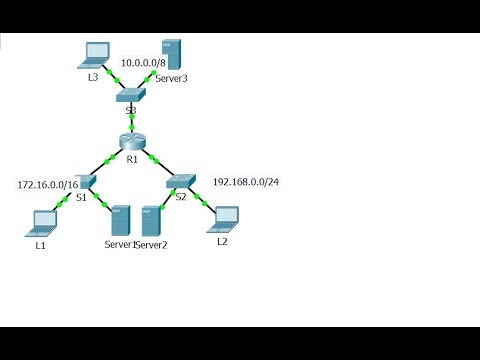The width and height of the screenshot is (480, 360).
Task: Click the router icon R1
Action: [x=131, y=142]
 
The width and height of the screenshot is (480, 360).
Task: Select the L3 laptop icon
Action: [x=97, y=55]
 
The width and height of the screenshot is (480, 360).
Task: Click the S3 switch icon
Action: [x=130, y=97]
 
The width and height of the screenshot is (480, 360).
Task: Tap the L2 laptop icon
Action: [x=227, y=216]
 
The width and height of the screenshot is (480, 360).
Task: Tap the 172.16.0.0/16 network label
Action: [x=48, y=185]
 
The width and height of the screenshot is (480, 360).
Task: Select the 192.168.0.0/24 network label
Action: [x=245, y=183]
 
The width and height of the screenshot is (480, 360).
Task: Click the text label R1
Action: [x=131, y=159]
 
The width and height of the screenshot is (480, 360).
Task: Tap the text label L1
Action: [x=41, y=244]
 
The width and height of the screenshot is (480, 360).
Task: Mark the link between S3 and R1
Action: [x=130, y=119]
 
